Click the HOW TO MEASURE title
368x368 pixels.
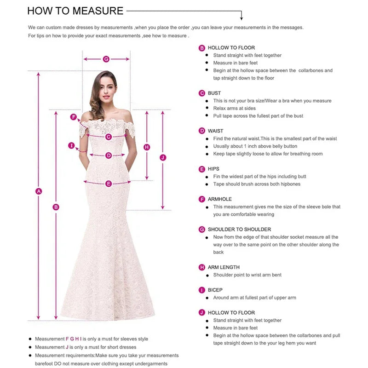click(75, 11)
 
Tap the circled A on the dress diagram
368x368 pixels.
click(39, 191)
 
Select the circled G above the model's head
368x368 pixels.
click(106, 59)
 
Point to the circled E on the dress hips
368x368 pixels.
click(109, 184)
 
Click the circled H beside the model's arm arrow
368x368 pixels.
click(147, 147)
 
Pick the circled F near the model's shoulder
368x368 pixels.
click(73, 117)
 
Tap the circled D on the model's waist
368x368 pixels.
click(109, 155)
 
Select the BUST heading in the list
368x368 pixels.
click(214, 93)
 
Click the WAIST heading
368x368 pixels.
click(215, 131)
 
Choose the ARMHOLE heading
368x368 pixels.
click(220, 199)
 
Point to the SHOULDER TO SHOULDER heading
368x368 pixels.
click(239, 229)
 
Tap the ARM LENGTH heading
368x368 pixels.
click(224, 267)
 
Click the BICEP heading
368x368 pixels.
click(215, 290)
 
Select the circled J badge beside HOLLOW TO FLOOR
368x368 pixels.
click(201, 313)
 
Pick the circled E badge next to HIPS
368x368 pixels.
click(201, 169)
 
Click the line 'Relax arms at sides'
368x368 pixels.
click(234, 108)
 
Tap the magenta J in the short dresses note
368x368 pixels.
click(67, 347)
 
